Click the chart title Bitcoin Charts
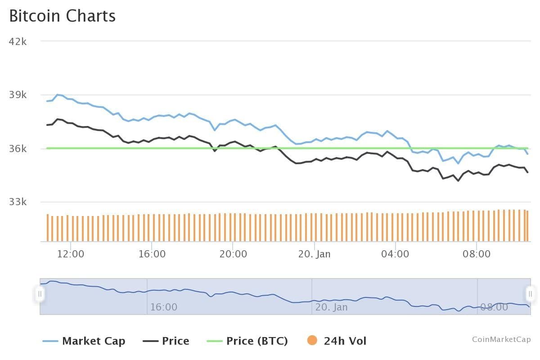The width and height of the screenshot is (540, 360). click(63, 16)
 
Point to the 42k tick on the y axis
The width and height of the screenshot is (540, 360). click(18, 41)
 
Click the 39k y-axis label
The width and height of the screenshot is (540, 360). click(18, 95)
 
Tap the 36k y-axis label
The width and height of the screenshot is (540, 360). click(18, 148)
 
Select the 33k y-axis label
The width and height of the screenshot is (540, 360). click(18, 202)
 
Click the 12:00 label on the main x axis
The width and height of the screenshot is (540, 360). click(71, 254)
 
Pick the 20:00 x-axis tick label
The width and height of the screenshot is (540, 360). click(233, 254)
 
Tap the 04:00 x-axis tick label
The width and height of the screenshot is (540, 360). click(395, 254)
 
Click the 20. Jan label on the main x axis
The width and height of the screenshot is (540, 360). click(314, 254)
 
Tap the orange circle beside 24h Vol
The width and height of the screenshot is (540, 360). click(312, 341)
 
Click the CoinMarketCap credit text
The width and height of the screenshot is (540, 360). click(501, 339)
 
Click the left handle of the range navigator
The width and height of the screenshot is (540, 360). click(40, 294)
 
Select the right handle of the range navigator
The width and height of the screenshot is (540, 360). click(531, 294)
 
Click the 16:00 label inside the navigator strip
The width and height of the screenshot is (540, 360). click(163, 307)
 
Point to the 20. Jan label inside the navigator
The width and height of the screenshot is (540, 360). click(331, 307)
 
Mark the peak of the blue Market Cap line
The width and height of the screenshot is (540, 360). click(57, 94)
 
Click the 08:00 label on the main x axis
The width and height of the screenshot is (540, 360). click(477, 254)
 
